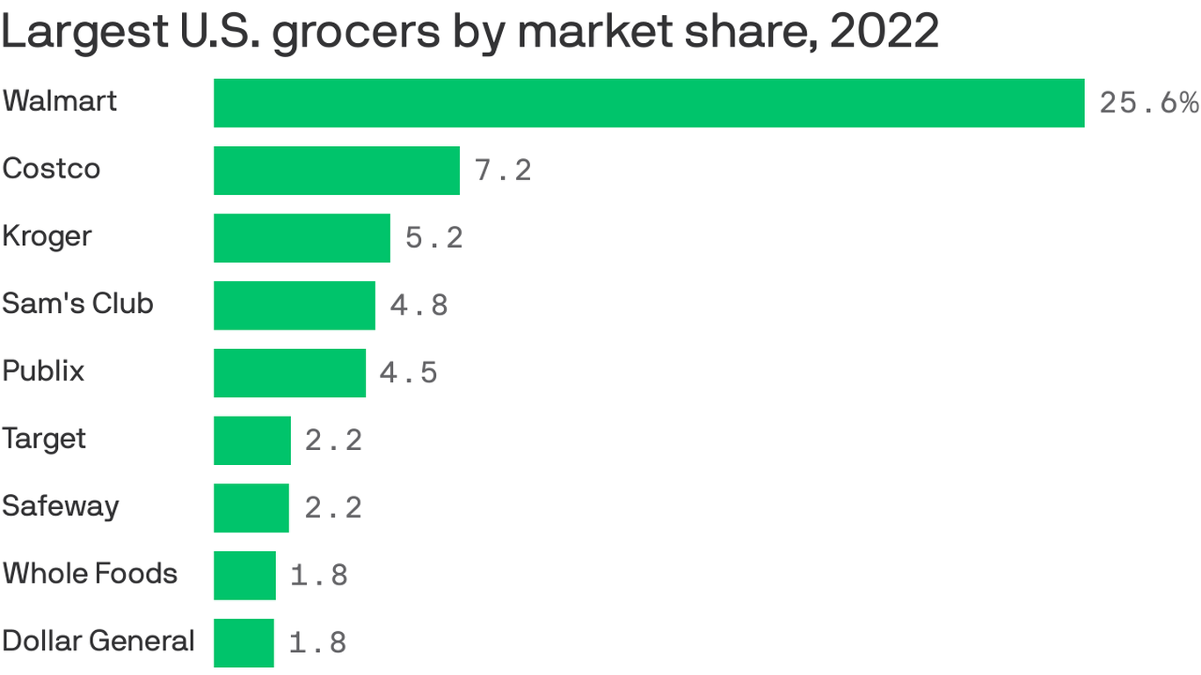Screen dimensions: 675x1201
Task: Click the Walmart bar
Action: point(649,103)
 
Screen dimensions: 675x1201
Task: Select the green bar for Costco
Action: point(337,171)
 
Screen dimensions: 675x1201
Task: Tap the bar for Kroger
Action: point(302,237)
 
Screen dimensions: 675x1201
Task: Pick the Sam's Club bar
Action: point(295,305)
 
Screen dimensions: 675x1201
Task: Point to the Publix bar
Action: point(289,373)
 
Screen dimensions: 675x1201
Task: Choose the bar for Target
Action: point(252,440)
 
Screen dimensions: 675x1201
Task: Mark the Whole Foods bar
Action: point(244,576)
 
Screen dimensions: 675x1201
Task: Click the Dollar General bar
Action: point(244,642)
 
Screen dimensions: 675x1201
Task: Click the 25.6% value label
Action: point(1149,103)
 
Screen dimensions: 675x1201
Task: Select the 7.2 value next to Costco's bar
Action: point(503,171)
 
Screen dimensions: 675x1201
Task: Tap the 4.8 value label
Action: point(419,305)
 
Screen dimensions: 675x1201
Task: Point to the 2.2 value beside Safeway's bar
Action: point(333,508)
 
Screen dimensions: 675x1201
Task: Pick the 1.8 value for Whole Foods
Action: point(319,576)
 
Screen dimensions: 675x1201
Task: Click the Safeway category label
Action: point(61,507)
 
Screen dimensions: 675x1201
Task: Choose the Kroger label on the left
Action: point(47,237)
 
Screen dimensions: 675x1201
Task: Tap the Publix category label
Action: point(43,371)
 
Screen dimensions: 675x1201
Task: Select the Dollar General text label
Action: point(98,642)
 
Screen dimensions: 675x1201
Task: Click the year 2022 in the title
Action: point(884,33)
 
